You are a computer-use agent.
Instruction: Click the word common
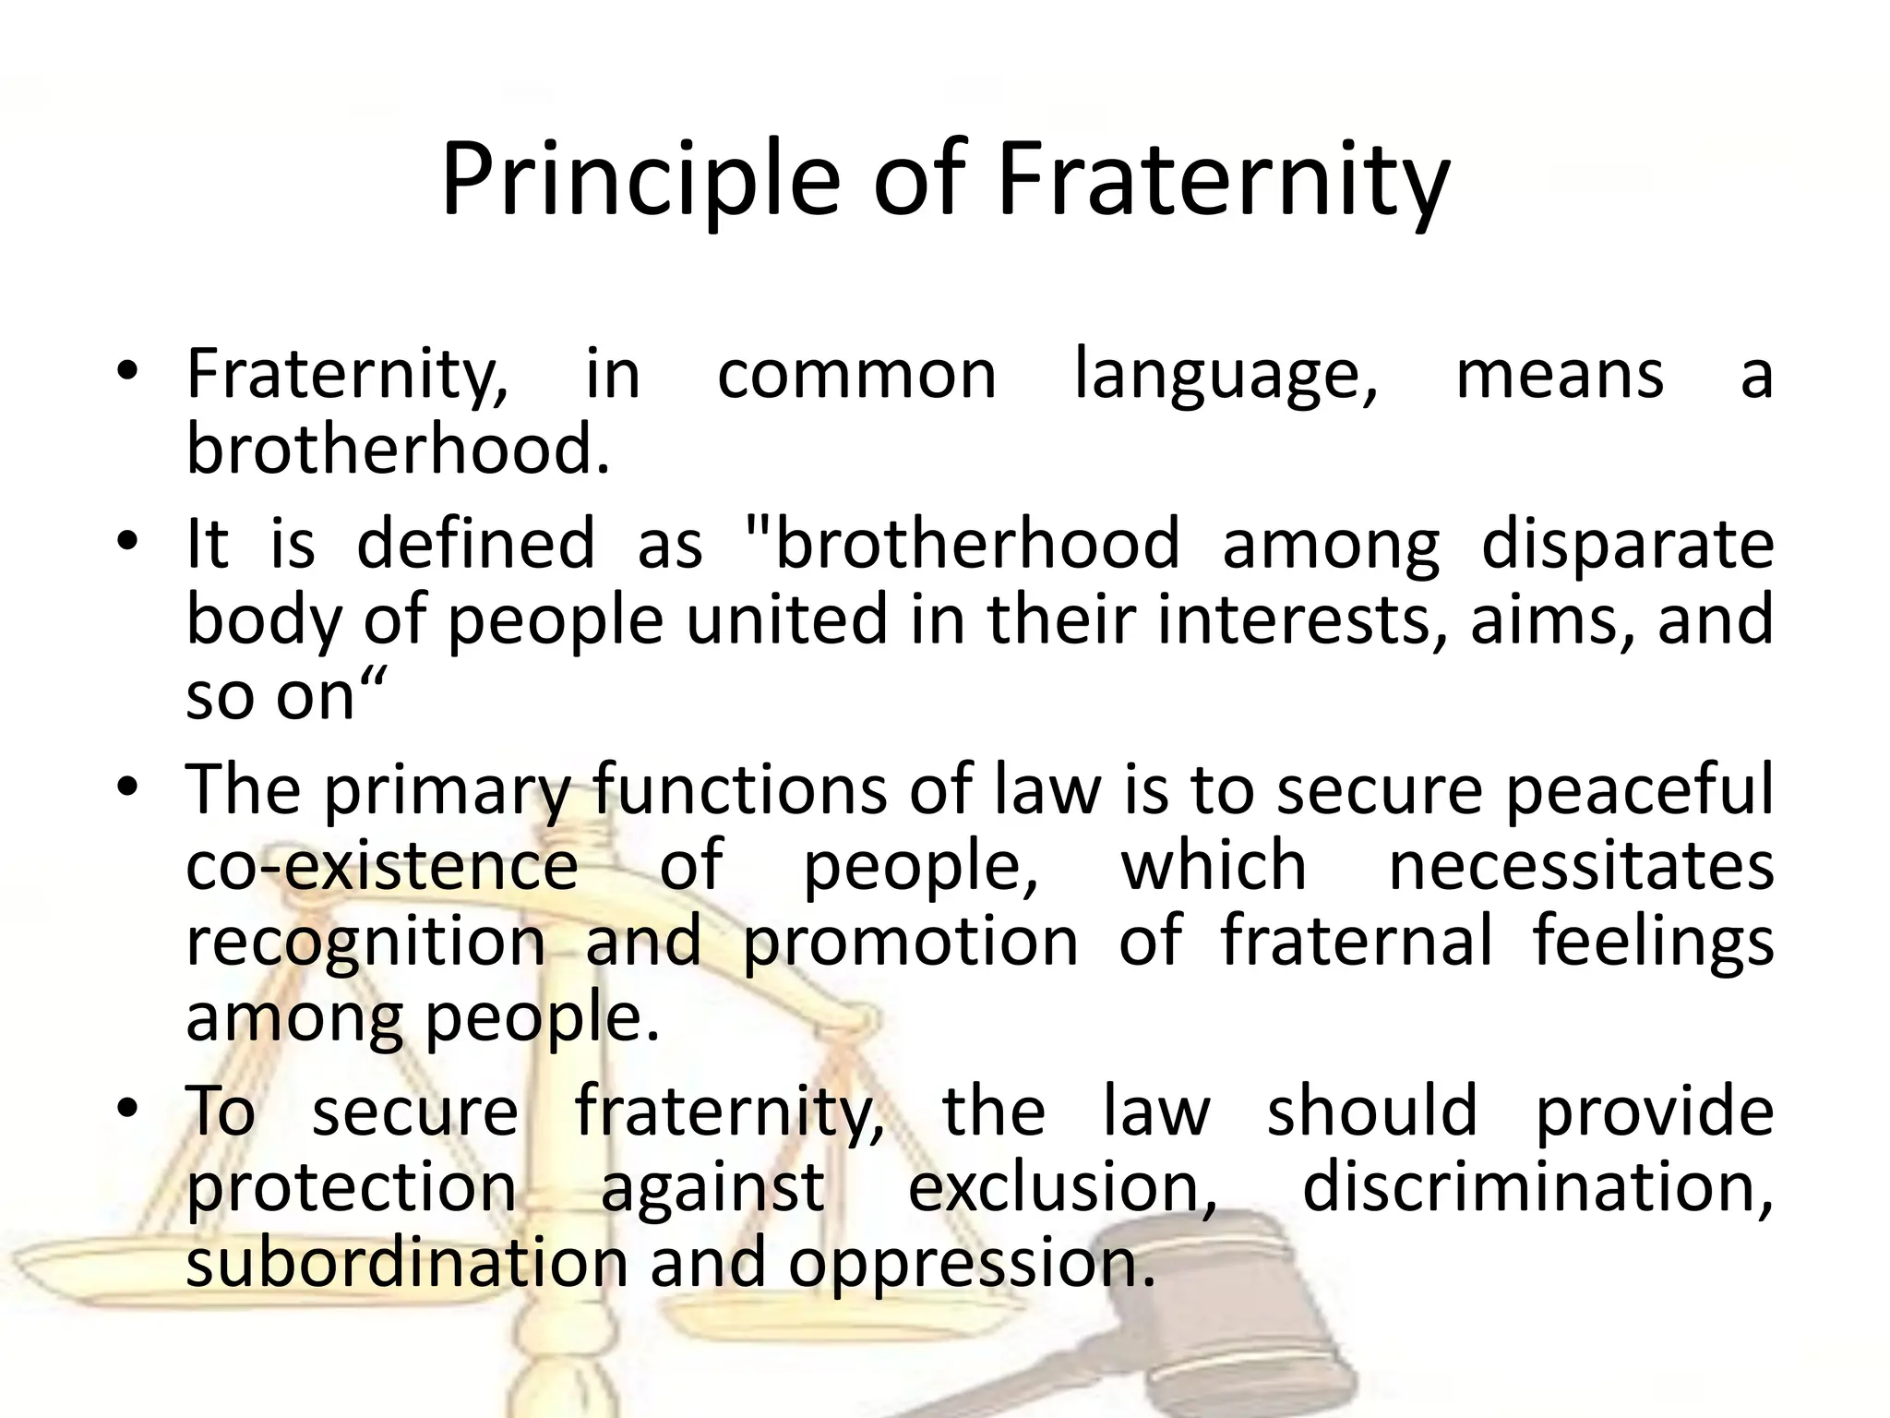pos(856,376)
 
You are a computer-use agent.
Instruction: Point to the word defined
pos(475,544)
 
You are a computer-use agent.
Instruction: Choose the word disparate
pos(1627,544)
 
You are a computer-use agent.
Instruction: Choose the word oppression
pos(971,1265)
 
